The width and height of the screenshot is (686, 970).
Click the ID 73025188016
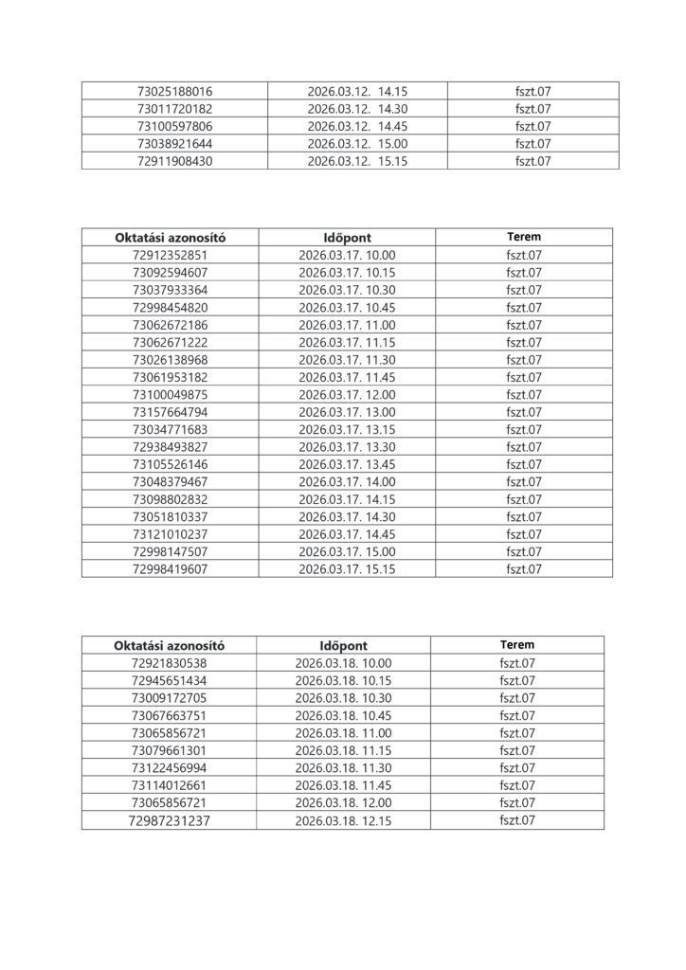click(x=174, y=92)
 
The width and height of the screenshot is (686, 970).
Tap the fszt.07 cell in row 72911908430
click(x=533, y=161)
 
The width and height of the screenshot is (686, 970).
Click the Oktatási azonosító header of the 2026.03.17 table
click(x=171, y=237)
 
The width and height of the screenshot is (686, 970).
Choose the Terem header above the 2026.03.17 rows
click(x=524, y=237)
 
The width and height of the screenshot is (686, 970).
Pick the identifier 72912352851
click(x=171, y=255)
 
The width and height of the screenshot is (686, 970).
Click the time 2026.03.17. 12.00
click(x=347, y=395)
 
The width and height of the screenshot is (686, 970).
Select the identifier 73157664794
click(x=171, y=412)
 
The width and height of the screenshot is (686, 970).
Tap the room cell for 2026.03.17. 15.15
click(x=524, y=569)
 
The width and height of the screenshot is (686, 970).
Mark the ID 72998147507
click(x=171, y=551)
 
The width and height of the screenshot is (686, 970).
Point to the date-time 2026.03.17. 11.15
click(x=347, y=342)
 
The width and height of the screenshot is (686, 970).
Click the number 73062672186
click(x=171, y=325)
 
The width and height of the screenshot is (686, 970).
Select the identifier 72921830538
click(x=171, y=663)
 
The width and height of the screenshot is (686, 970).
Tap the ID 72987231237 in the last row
click(x=171, y=821)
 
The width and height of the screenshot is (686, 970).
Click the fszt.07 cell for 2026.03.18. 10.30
click(x=517, y=698)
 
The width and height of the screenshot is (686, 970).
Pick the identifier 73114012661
click(x=171, y=785)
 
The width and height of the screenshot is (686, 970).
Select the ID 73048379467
click(x=171, y=482)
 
